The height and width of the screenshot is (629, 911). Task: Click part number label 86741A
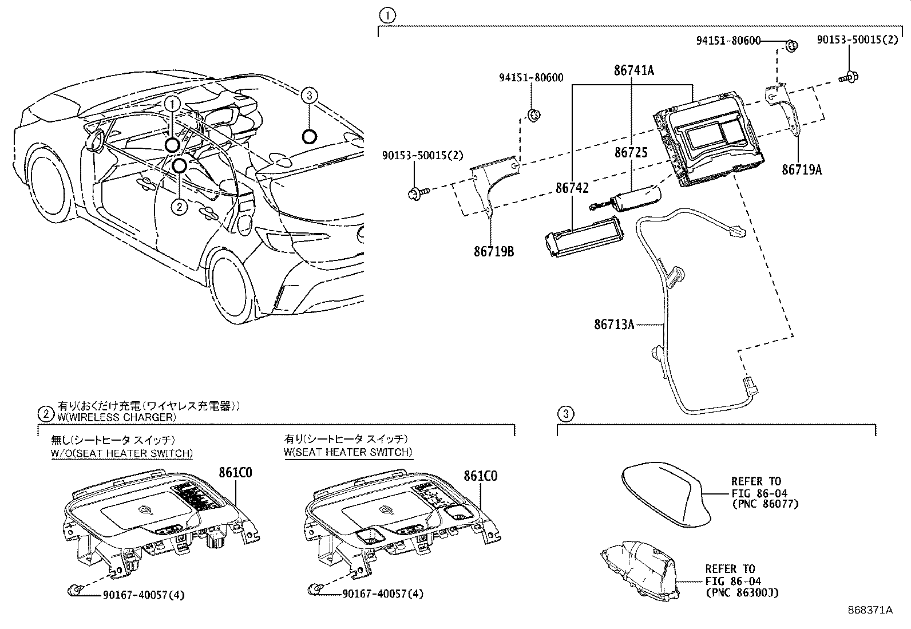tap(633, 70)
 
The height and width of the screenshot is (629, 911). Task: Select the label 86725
tap(631, 153)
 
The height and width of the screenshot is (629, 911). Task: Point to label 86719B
tap(493, 251)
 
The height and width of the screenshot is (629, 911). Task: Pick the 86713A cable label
tap(614, 325)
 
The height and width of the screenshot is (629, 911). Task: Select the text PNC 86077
tap(765, 504)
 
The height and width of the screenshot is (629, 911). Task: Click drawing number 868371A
tap(870, 610)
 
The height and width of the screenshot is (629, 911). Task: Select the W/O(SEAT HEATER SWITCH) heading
tap(121, 453)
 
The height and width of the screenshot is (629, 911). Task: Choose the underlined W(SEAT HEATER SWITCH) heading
tap(348, 452)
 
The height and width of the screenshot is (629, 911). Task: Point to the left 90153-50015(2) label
tap(423, 155)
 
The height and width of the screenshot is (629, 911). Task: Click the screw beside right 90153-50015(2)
tap(850, 77)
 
